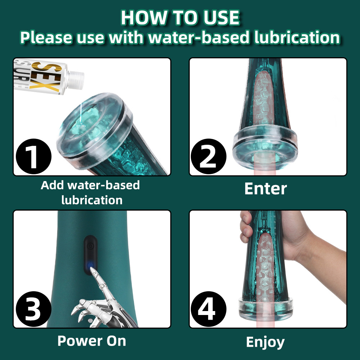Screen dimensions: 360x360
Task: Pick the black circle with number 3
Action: coord(34,309)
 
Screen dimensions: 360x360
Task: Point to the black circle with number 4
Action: coord(208,309)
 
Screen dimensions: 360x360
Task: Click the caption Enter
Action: coord(266,189)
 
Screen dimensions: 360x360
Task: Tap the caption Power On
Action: coord(92,341)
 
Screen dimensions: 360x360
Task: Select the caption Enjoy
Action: coord(265,342)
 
